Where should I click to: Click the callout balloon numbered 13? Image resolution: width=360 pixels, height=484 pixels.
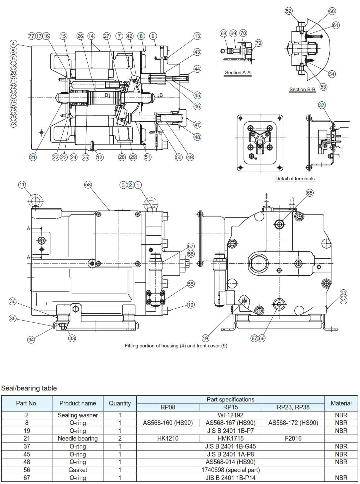(x=197, y=36)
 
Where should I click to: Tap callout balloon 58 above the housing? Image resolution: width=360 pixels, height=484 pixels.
(x=88, y=185)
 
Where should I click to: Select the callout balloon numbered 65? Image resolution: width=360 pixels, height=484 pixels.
(x=309, y=193)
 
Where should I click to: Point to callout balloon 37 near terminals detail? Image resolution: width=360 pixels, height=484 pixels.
(x=322, y=105)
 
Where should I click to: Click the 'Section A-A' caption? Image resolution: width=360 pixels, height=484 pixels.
(x=238, y=73)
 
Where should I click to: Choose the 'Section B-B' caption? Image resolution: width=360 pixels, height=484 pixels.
(x=302, y=90)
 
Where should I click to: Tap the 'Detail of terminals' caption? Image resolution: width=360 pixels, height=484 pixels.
(x=295, y=179)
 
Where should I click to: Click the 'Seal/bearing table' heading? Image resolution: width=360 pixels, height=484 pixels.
(x=29, y=388)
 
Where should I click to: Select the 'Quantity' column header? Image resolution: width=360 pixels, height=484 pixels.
(x=119, y=403)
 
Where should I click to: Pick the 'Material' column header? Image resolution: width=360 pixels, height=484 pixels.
(x=341, y=403)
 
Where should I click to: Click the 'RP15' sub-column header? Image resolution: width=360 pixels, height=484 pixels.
(x=230, y=407)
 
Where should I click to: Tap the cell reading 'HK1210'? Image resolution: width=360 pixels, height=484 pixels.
(x=168, y=439)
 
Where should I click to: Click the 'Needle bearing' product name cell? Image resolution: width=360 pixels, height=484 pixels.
(x=78, y=439)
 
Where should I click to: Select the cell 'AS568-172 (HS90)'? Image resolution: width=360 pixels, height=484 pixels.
(x=293, y=423)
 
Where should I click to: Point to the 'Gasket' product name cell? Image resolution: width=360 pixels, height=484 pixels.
(x=78, y=470)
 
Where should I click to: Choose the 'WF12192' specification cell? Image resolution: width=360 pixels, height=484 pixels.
(x=230, y=415)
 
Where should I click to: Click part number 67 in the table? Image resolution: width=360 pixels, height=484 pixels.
(x=27, y=478)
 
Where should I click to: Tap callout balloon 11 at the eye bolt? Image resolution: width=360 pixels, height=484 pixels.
(x=22, y=185)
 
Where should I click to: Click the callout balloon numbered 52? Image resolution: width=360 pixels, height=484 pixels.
(x=289, y=11)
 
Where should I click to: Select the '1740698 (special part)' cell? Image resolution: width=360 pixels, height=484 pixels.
(x=230, y=470)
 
